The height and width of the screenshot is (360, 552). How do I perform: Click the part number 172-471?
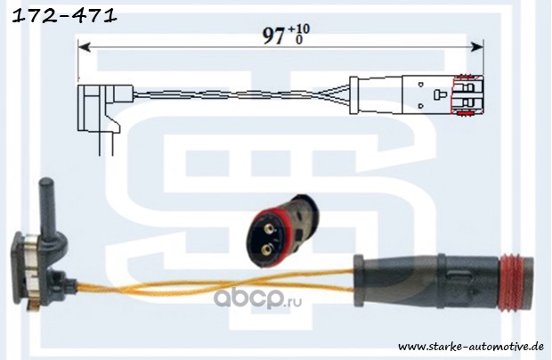click(60, 15)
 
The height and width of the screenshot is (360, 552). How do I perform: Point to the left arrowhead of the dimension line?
click(84, 45)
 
